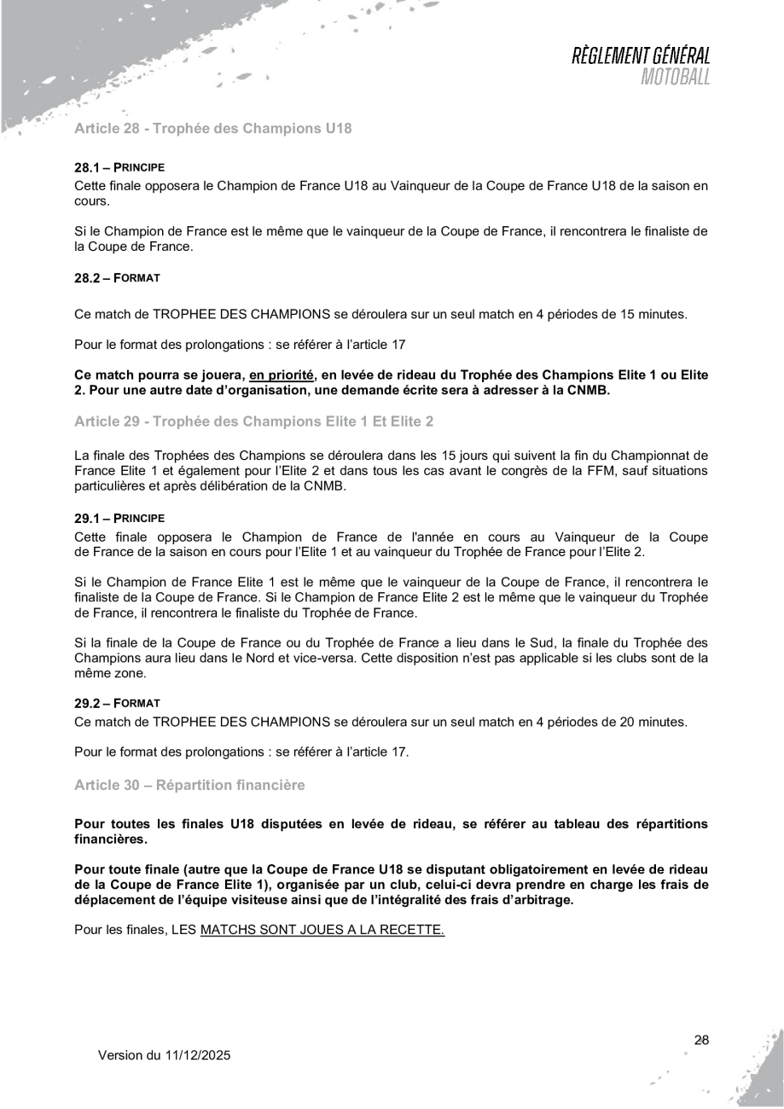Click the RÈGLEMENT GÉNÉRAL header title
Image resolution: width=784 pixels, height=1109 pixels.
642,56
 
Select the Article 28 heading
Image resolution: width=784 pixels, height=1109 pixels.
213,129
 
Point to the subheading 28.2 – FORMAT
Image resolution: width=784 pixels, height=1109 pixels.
117,278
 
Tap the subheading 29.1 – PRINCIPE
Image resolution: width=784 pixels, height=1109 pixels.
119,518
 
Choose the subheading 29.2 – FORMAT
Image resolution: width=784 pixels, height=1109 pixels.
117,703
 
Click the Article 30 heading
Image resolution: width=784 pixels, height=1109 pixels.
189,782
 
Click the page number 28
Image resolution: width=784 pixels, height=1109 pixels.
701,1040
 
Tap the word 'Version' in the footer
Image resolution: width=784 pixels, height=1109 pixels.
121,1056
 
